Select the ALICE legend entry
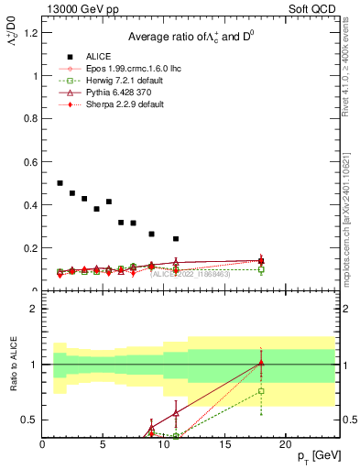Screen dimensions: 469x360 click(x=96, y=55)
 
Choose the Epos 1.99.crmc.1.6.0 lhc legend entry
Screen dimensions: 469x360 click(x=129, y=68)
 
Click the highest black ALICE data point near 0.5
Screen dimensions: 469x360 click(x=60, y=183)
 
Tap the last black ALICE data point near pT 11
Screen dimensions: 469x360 click(x=176, y=239)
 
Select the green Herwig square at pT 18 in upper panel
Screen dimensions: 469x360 click(x=261, y=270)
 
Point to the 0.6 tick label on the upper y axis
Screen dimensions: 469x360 click(x=30, y=162)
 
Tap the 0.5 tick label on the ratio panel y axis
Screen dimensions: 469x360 click(x=30, y=420)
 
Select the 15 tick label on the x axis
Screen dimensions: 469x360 click(x=224, y=444)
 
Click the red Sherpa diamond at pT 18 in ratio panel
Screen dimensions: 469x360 click(x=261, y=364)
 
